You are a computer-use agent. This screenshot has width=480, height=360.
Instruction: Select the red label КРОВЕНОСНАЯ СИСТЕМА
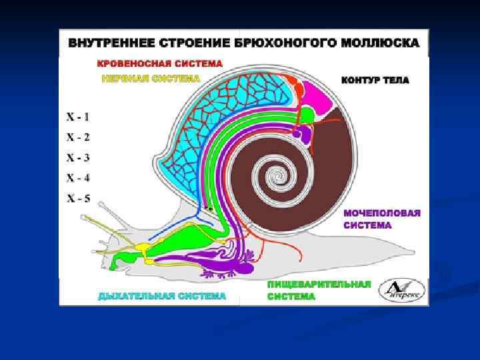click(151, 65)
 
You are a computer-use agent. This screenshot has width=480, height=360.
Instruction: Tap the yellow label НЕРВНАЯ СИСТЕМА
click(151, 78)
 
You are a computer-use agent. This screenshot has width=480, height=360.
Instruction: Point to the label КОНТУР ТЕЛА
click(375, 80)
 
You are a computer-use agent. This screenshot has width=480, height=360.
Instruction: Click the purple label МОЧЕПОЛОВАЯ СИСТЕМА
click(382, 219)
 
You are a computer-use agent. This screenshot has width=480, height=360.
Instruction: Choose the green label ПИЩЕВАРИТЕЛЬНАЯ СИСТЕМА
click(319, 290)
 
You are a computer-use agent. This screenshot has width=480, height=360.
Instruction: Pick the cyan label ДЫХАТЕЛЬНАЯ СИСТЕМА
click(162, 295)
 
